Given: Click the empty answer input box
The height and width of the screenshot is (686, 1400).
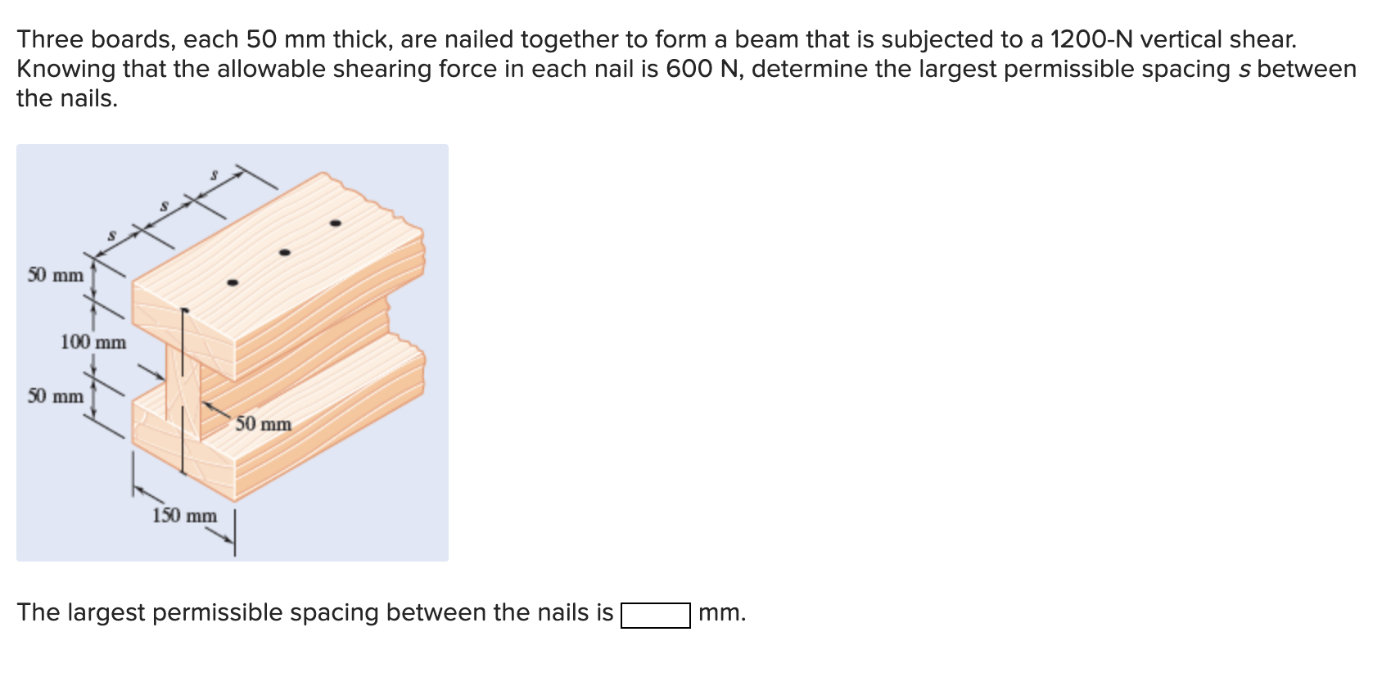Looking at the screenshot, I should (x=655, y=615).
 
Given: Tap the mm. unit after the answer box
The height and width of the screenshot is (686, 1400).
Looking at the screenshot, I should (x=722, y=613).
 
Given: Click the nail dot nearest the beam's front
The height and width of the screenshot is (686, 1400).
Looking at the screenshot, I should (x=233, y=283).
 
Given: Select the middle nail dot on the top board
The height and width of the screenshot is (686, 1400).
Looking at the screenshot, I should (x=285, y=253).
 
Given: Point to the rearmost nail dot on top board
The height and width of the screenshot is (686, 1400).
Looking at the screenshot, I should (x=335, y=223).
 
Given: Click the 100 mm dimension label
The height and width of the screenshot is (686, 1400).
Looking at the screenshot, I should (x=93, y=342).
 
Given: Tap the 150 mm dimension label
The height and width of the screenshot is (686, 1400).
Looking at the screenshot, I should (x=184, y=516).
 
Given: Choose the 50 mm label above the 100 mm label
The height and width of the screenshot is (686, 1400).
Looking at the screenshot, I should (x=56, y=275).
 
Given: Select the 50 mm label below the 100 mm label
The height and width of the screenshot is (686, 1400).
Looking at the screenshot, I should (x=56, y=396).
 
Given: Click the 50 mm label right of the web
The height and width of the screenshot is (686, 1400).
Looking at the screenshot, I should (x=264, y=424).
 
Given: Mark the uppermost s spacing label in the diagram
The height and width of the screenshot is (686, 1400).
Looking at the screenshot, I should (x=214, y=174).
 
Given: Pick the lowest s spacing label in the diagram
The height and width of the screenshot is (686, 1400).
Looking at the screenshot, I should (x=113, y=235).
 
